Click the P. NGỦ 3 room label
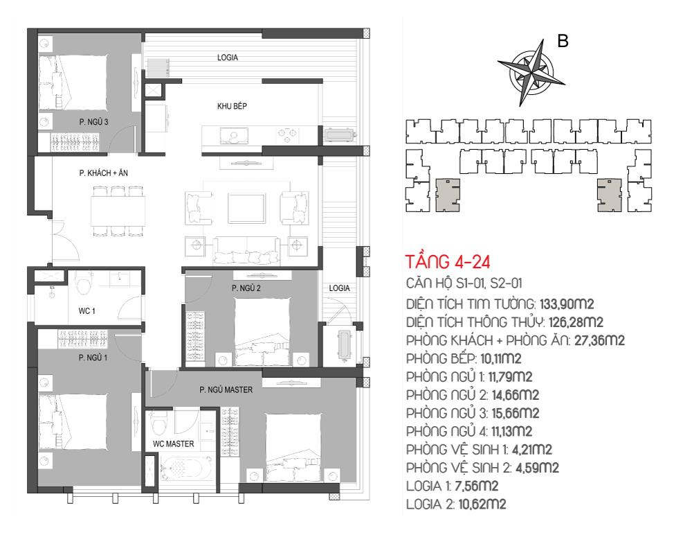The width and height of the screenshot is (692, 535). [93, 121]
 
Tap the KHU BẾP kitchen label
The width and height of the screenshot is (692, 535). [232, 106]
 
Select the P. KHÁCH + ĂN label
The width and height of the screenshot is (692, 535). [104, 173]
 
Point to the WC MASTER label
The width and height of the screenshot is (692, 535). [174, 444]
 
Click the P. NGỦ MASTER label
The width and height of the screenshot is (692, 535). [226, 389]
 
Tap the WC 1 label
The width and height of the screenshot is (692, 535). [87, 311]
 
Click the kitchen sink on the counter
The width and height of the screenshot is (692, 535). [233, 135]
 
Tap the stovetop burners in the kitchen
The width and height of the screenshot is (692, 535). [287, 135]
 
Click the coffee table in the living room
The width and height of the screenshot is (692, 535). [247, 208]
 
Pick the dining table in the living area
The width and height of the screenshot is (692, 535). [118, 211]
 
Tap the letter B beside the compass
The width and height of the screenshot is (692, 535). [563, 41]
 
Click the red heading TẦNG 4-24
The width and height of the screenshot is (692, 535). [448, 262]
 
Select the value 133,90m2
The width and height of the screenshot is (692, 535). [567, 304]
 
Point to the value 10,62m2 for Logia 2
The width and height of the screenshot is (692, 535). [482, 504]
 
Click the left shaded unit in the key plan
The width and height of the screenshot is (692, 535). [448, 195]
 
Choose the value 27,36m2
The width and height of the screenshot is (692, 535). [599, 340]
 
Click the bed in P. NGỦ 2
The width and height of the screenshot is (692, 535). [262, 332]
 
